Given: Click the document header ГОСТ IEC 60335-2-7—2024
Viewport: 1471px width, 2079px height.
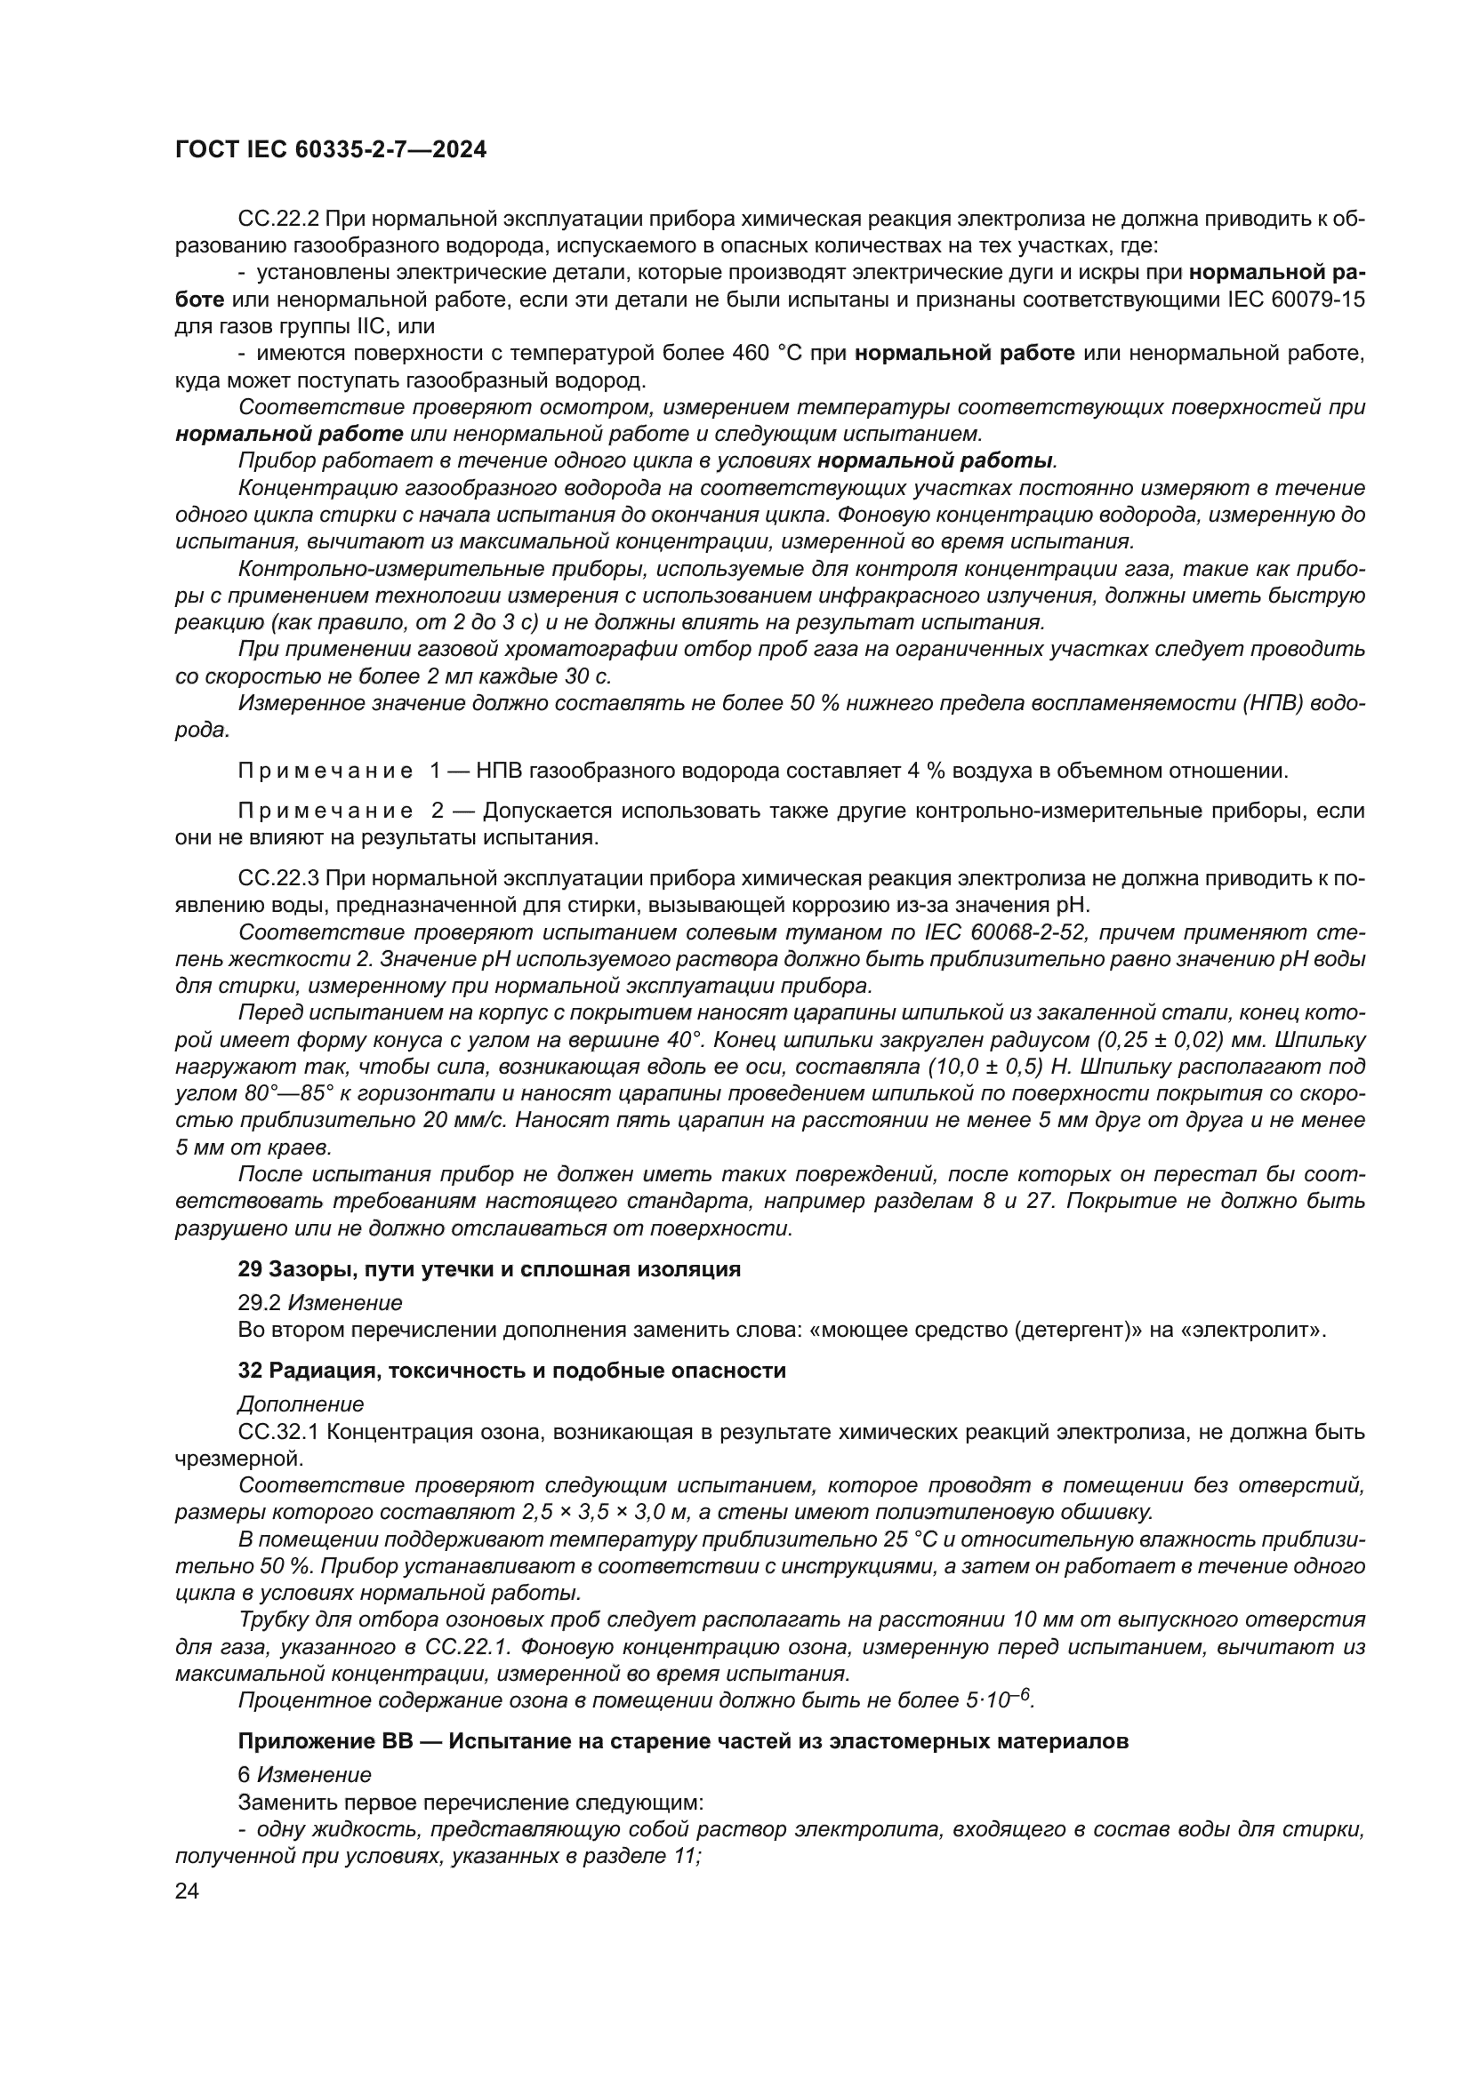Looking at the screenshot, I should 331,150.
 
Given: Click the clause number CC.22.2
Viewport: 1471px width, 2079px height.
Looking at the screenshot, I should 279,220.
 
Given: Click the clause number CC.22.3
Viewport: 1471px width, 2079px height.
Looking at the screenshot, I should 279,878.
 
